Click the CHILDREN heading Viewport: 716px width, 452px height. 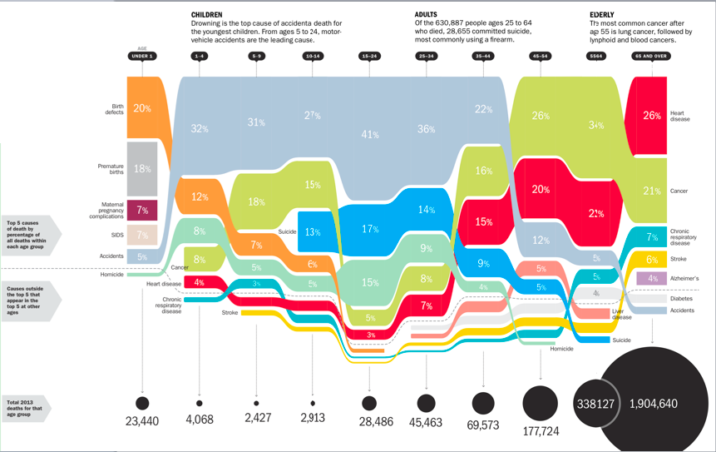[206, 15]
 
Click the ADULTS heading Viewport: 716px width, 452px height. [427, 15]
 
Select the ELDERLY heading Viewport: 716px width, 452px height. [602, 15]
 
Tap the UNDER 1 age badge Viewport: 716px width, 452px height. [142, 56]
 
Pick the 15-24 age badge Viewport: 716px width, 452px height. [369, 56]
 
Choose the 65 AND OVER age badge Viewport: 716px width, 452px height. [650, 56]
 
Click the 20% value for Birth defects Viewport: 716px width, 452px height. [142, 108]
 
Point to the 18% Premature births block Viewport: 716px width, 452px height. [142, 169]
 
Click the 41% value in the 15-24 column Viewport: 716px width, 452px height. [369, 134]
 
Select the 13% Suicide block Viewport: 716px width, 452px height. [313, 231]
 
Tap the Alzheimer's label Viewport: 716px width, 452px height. [685, 278]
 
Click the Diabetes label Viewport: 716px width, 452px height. [681, 298]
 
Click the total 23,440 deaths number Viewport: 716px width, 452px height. [142, 421]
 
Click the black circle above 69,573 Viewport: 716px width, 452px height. [482, 404]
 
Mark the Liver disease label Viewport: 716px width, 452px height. [622, 314]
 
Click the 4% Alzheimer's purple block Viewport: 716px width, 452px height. [651, 278]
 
